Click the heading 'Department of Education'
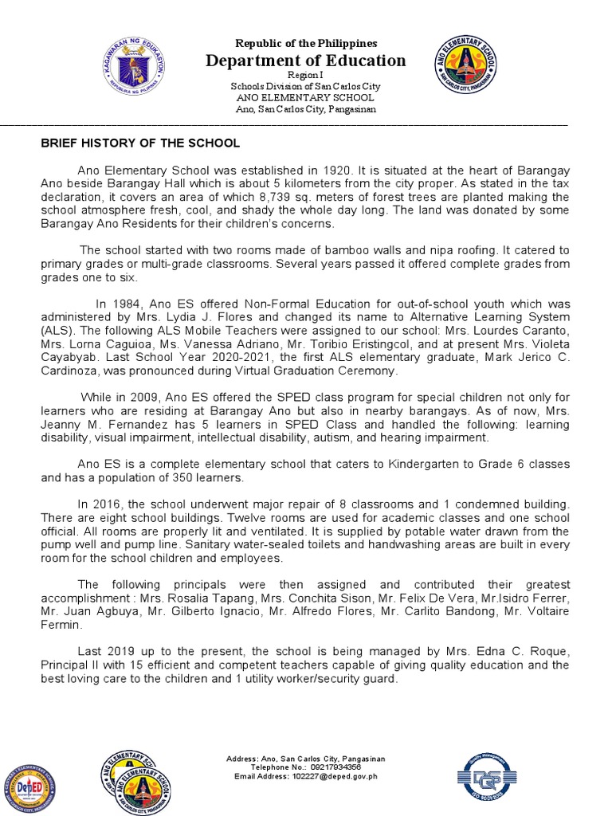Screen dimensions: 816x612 [x=306, y=61]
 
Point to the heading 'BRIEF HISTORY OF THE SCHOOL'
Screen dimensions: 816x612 [x=140, y=143]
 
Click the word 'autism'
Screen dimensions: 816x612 [x=382, y=437]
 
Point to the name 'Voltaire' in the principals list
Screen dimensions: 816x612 [x=545, y=612]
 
